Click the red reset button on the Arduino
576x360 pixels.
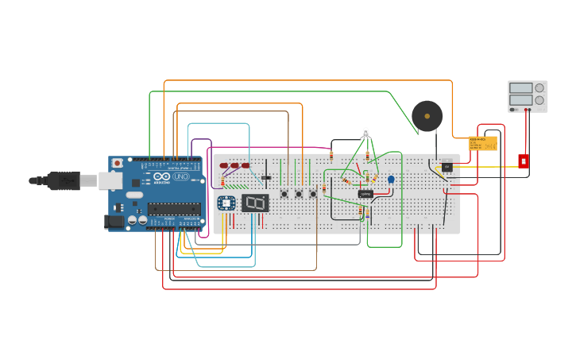coord(118,163)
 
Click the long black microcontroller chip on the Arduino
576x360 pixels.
coord(173,209)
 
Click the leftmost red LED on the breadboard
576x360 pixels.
coord(224,166)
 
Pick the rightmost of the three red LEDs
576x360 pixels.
coord(245,166)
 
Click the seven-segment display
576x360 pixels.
coord(255,203)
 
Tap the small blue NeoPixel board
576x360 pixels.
coord(226,203)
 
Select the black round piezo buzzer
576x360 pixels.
coord(427,117)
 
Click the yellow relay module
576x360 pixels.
coord(483,143)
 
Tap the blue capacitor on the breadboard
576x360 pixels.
coord(391,180)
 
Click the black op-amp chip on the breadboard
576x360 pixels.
coord(365,193)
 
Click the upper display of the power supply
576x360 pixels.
coord(520,88)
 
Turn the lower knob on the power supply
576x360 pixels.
coord(539,100)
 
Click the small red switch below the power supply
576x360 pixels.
coord(523,161)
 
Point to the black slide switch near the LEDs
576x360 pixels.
coord(266,176)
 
